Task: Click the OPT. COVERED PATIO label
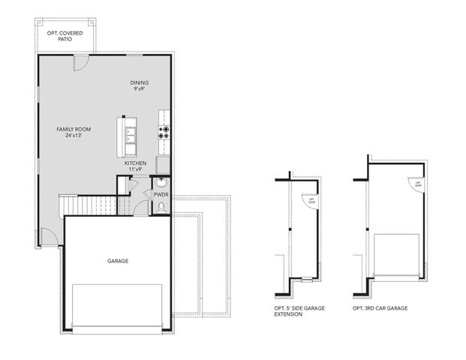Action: (66, 35)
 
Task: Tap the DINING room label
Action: (139, 83)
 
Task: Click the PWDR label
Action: (161, 195)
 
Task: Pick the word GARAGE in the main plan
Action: (117, 261)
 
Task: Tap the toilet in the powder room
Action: (161, 208)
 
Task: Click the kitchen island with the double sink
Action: (130, 133)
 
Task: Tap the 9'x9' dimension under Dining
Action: (139, 90)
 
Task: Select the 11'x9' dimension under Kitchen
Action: (136, 169)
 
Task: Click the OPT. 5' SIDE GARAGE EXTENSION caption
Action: (301, 311)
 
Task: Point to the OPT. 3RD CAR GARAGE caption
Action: (380, 307)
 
